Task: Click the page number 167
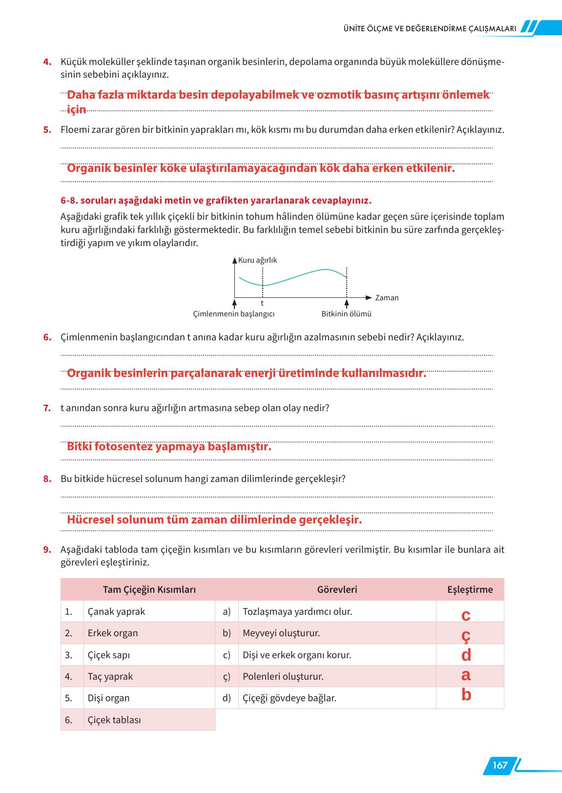pyautogui.click(x=500, y=765)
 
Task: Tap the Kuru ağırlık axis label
pyautogui.click(x=257, y=260)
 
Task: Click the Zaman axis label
pyautogui.click(x=387, y=297)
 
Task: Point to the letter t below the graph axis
pyautogui.click(x=263, y=304)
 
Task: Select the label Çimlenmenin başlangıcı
pyautogui.click(x=234, y=314)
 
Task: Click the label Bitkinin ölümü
pyautogui.click(x=346, y=314)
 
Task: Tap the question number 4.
pyautogui.click(x=47, y=62)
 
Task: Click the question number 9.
pyautogui.click(x=47, y=549)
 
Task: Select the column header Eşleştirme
pyautogui.click(x=470, y=589)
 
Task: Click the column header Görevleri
pyautogui.click(x=337, y=589)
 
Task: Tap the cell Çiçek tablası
pyautogui.click(x=114, y=720)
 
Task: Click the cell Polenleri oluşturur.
pyautogui.click(x=283, y=676)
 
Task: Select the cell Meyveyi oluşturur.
pyautogui.click(x=281, y=633)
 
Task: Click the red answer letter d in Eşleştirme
pyautogui.click(x=466, y=655)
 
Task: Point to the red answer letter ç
pyautogui.click(x=466, y=635)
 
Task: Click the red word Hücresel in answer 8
pyautogui.click(x=90, y=520)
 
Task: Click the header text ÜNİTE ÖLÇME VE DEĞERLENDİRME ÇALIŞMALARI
pyautogui.click(x=430, y=29)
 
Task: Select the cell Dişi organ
pyautogui.click(x=108, y=698)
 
